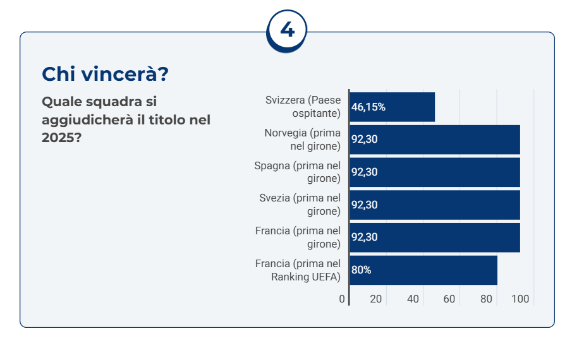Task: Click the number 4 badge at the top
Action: pos(287,30)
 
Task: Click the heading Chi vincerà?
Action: pos(105,74)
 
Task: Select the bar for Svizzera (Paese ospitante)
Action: pos(392,107)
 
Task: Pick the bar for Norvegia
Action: pos(434,140)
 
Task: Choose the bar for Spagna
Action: pos(434,172)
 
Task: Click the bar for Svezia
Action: pos(434,205)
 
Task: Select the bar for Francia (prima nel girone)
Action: pos(434,237)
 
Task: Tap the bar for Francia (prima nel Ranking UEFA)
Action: pos(423,270)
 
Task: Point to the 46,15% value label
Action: pos(368,107)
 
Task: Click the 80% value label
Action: pos(362,270)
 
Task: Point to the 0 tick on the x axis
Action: pos(342,299)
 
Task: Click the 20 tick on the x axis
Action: pos(376,299)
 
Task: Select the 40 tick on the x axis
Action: pos(413,299)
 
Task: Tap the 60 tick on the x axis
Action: pos(449,299)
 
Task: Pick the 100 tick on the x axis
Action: pos(520,299)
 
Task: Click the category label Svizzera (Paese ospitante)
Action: pos(303,107)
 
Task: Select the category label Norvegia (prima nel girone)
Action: pos(302,140)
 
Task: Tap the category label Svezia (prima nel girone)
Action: pos(300,205)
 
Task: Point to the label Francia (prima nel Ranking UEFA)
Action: pos(298,270)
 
